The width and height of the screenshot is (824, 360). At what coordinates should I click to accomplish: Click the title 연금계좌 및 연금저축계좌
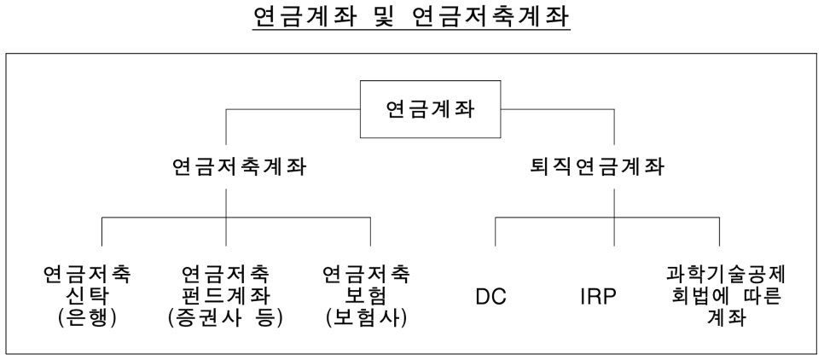click(x=411, y=16)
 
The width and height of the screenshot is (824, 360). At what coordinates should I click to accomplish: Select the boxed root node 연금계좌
click(x=430, y=109)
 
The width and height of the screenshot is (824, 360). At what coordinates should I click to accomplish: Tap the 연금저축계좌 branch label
click(x=240, y=168)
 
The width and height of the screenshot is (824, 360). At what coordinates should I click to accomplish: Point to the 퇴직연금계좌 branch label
click(x=597, y=168)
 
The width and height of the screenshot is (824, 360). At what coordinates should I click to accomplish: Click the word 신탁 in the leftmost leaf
click(x=86, y=296)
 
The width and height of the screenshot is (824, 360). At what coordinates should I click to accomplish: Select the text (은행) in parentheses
click(x=87, y=318)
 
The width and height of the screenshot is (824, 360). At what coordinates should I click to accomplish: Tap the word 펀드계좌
click(x=225, y=296)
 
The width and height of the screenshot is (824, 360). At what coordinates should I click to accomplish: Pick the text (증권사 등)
click(x=225, y=318)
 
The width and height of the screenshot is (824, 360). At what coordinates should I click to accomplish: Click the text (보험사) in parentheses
click(x=366, y=318)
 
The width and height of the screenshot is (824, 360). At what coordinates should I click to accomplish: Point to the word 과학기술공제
click(x=726, y=275)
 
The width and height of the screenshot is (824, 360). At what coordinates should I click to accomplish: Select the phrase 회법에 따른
click(x=726, y=296)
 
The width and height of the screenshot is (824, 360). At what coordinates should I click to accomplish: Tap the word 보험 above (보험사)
click(x=366, y=296)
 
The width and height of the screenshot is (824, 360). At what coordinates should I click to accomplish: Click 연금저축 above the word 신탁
click(x=87, y=275)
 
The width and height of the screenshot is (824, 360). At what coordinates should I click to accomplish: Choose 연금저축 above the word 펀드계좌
click(x=225, y=275)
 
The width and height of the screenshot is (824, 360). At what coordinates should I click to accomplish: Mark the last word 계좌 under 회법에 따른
click(x=726, y=318)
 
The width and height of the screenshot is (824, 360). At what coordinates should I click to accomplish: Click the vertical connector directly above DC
click(x=495, y=231)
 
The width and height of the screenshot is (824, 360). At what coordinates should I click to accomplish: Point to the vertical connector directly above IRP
click(x=614, y=218)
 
